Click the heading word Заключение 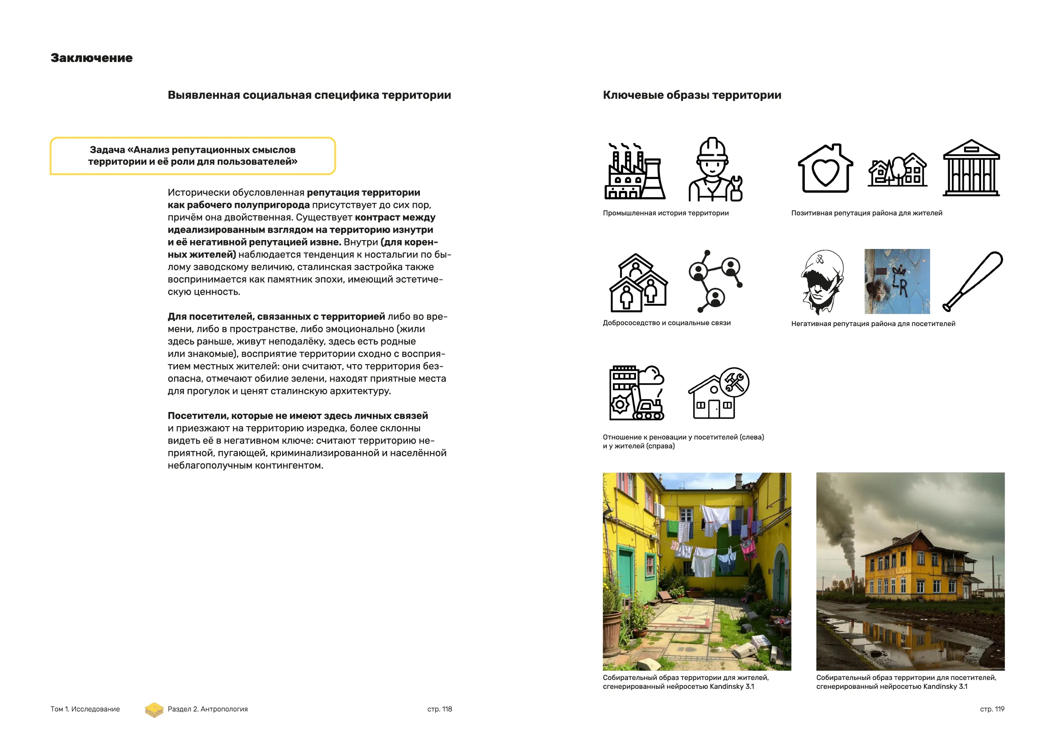coord(91,58)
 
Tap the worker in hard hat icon coord(715,170)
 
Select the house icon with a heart coord(825,169)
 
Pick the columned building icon coord(971,168)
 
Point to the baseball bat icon coord(973,281)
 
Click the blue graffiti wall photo coord(897,281)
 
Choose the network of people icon coord(715,281)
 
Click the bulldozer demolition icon coord(636,393)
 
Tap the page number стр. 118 coord(439,709)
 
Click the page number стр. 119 coord(992,709)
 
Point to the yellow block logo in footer coord(155,710)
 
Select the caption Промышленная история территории coord(665,213)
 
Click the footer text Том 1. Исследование coord(85,709)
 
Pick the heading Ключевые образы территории coord(691,95)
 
